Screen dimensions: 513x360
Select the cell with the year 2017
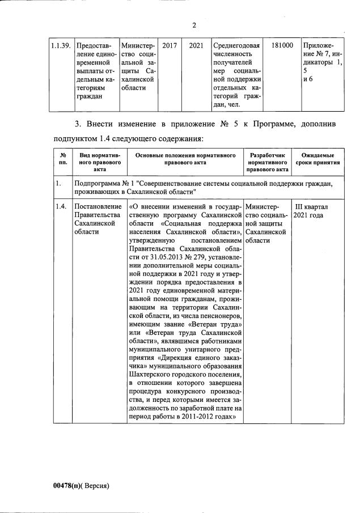170,45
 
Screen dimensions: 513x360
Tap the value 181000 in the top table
282,45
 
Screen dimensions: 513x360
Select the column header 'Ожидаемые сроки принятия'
317,159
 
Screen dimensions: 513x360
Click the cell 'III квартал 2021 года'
310,211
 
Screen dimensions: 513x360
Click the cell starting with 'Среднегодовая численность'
236,74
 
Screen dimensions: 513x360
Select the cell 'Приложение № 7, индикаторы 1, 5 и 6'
322,62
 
